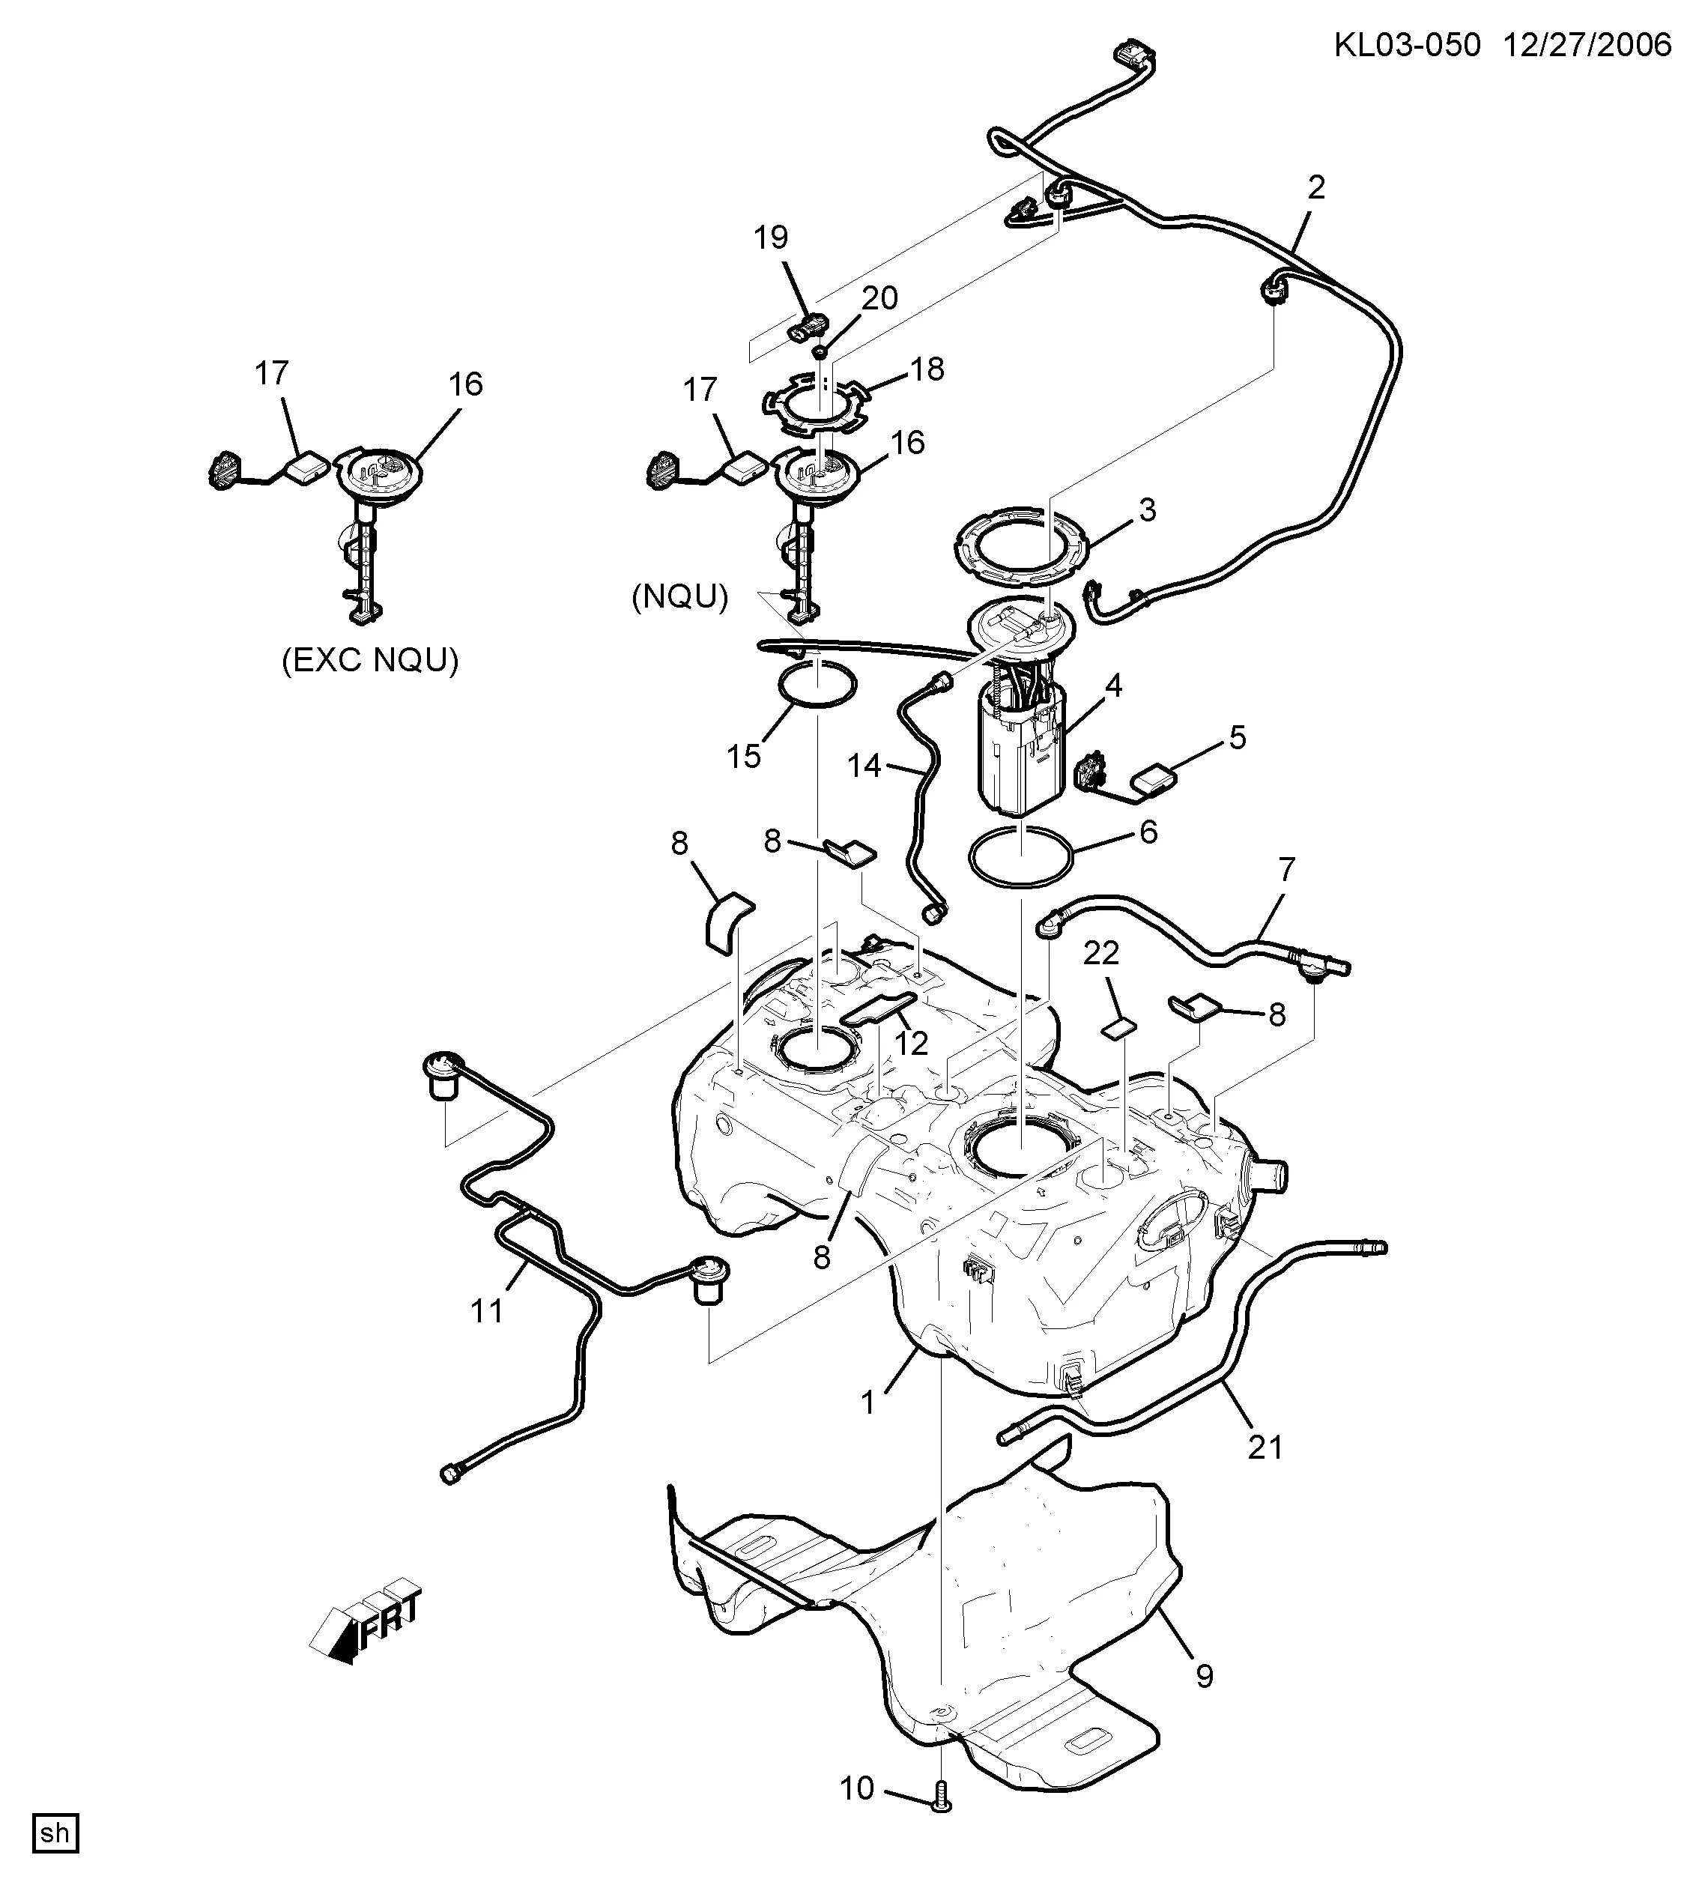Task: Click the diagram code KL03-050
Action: point(1408,45)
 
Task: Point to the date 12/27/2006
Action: point(1587,45)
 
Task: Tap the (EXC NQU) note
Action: point(370,661)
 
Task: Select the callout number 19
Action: point(771,238)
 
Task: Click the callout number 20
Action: point(879,298)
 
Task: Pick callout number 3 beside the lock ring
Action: point(1147,510)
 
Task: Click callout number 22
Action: point(1101,953)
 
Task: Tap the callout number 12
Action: point(911,1042)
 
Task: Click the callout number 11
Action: point(487,1311)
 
